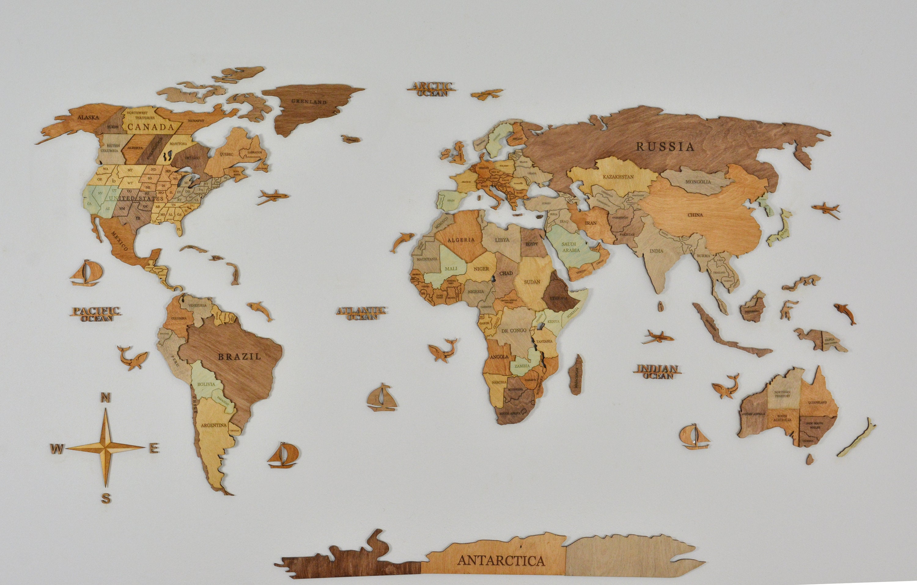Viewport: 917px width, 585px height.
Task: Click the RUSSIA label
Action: [x=665, y=146]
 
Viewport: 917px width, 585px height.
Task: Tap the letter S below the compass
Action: [x=106, y=498]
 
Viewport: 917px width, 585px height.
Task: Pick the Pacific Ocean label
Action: [x=96, y=315]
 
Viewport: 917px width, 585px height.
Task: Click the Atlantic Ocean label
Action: [x=361, y=313]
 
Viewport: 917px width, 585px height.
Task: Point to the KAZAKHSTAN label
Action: [x=618, y=177]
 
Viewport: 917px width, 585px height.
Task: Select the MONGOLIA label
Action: [x=698, y=182]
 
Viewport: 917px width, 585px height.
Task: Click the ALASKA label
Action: [x=88, y=117]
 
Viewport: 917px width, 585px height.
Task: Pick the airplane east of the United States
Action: [x=273, y=197]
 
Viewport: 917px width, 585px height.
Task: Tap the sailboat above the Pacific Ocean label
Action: [x=87, y=273]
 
